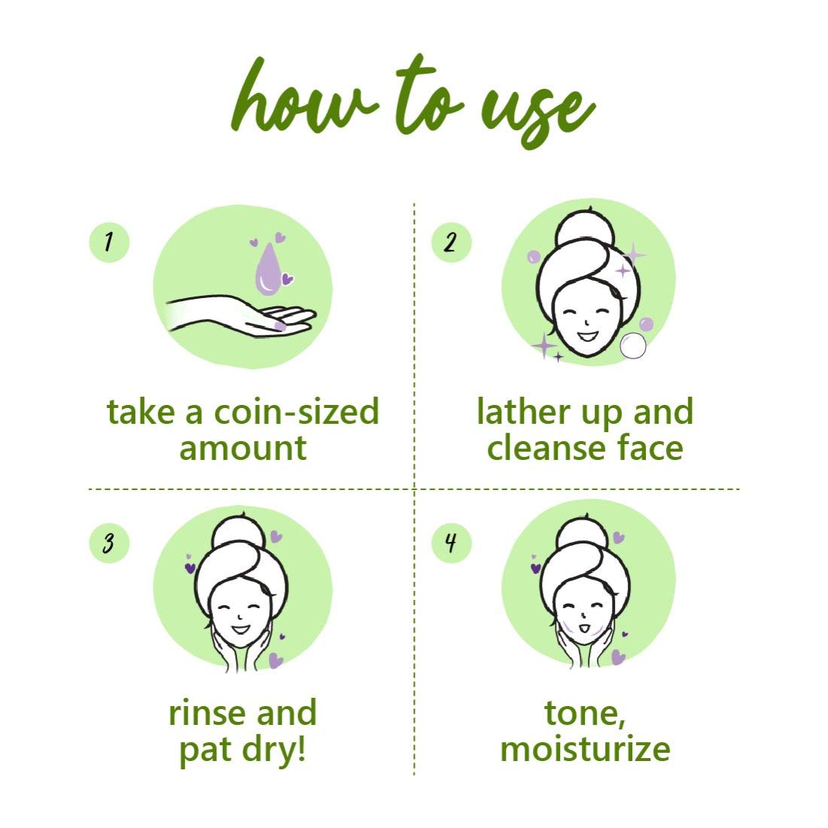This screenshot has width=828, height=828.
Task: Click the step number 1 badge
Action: click(x=109, y=242)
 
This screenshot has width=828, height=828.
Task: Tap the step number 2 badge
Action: click(x=451, y=242)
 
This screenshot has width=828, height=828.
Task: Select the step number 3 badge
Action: click(x=109, y=543)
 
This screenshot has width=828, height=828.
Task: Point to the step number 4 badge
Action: click(x=451, y=543)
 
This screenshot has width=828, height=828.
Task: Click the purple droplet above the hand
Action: click(x=268, y=271)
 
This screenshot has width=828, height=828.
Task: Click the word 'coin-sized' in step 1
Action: click(x=297, y=412)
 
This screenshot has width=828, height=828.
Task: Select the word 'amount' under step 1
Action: click(x=243, y=449)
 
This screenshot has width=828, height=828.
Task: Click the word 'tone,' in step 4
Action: click(x=584, y=713)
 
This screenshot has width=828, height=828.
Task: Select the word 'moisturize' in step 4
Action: click(x=585, y=749)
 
